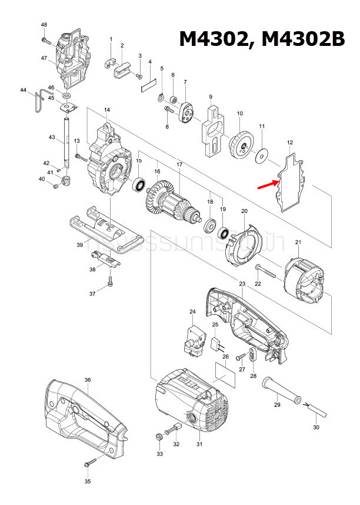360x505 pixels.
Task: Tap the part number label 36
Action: pos(87,380)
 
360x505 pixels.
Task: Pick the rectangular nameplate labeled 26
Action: pos(226,374)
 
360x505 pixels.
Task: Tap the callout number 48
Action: pos(44,24)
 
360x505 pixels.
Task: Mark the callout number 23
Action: pos(242,284)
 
